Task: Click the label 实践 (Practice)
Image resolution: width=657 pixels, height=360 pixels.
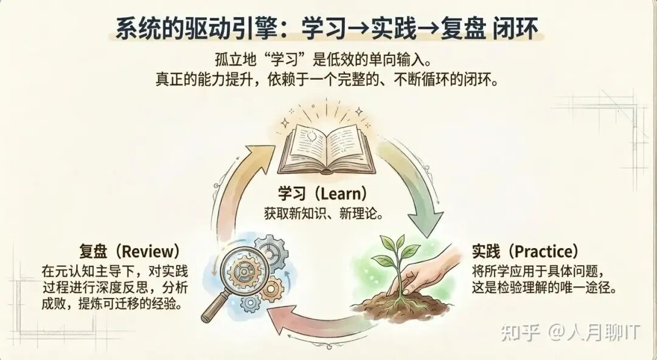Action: tap(525, 251)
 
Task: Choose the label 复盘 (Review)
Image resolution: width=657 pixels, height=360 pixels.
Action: tap(130, 251)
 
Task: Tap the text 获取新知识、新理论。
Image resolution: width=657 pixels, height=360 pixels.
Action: tap(327, 214)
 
